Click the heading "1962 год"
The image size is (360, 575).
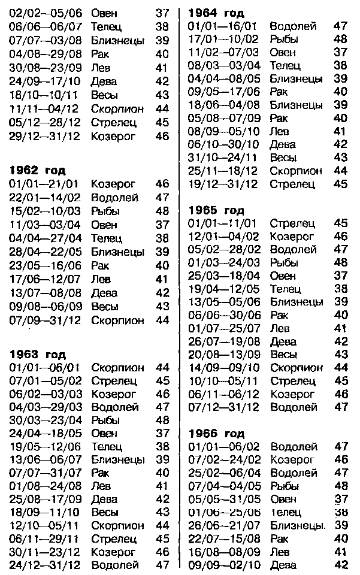[37, 170]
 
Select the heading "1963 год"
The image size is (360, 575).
[37, 355]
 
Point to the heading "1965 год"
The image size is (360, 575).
[216, 210]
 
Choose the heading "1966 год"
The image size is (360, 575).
[216, 433]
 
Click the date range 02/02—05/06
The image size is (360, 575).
[45, 13]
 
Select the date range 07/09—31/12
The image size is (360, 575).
[45, 320]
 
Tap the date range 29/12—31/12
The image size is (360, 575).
[45, 136]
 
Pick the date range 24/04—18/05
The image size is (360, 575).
[45, 433]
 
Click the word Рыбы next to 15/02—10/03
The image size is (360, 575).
[105, 211]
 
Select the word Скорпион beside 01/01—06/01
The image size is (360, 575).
[118, 367]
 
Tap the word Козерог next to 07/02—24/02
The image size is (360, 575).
[292, 459]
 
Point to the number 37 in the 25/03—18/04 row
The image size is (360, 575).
[341, 276]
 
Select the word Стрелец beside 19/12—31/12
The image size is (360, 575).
[292, 184]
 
